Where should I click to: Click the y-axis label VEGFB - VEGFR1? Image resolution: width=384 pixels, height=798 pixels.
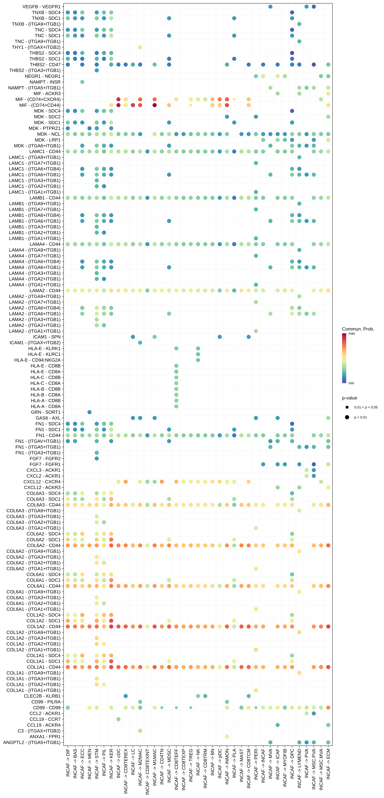pyautogui.click(x=41, y=6)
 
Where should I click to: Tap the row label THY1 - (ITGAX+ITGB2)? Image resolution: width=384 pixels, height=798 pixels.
pyautogui.click(x=36, y=47)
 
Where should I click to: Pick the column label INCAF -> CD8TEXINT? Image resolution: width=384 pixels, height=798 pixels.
pyautogui.click(x=147, y=771)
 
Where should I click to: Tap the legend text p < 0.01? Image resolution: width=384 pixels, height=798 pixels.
pyautogui.click(x=361, y=417)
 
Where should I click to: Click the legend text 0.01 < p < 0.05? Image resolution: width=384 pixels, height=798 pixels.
pyautogui.click(x=366, y=407)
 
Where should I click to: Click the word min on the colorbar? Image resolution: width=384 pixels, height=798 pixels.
pyautogui.click(x=351, y=383)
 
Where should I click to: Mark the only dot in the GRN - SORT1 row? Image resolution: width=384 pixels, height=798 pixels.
pyautogui.click(x=89, y=412)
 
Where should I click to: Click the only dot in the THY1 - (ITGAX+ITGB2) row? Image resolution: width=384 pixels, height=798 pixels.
pyautogui.click(x=140, y=47)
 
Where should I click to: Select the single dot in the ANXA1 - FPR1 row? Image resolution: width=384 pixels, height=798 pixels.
pyautogui.click(x=227, y=736)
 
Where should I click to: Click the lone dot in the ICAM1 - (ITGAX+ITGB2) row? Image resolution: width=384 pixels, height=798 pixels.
pyautogui.click(x=140, y=343)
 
